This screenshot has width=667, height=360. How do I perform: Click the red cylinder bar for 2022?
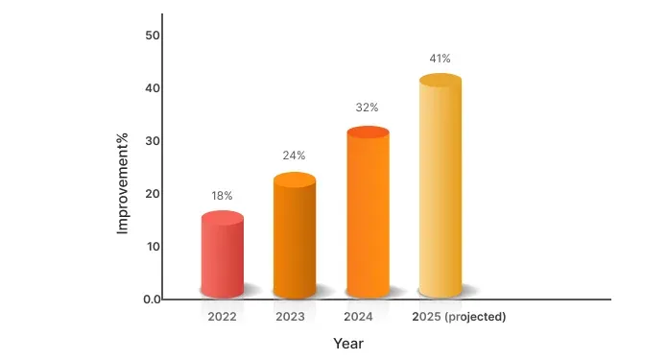(222, 254)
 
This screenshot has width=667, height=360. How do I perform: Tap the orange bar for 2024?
(368, 213)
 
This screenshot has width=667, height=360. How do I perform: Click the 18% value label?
(222, 196)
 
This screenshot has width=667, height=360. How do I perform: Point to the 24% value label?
(295, 156)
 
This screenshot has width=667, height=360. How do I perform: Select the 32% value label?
(368, 108)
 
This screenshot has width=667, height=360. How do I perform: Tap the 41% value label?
(441, 59)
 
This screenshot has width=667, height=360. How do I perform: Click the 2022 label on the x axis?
(222, 316)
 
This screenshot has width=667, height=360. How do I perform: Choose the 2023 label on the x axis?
(290, 316)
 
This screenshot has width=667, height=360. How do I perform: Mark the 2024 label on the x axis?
(358, 316)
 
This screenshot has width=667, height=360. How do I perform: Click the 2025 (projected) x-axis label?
(459, 316)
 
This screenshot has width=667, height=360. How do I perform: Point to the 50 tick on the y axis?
(152, 36)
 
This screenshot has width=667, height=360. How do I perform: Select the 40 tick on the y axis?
(152, 88)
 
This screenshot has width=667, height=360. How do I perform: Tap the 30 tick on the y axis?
(152, 141)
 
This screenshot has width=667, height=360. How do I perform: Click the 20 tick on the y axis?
(152, 194)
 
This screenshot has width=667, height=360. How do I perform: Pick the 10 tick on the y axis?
(152, 247)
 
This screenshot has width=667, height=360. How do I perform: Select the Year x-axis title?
(348, 343)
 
